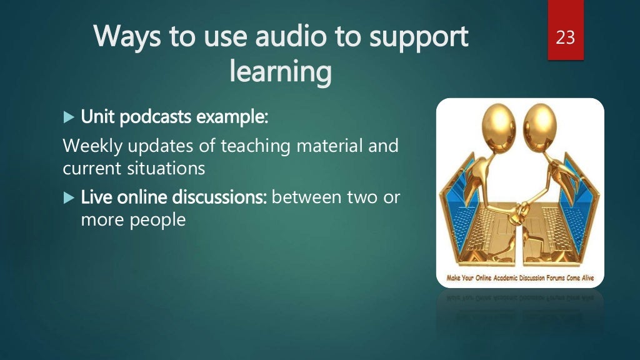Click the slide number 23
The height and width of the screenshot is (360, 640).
pos(565,38)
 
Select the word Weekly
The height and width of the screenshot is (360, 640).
pos(91,147)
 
